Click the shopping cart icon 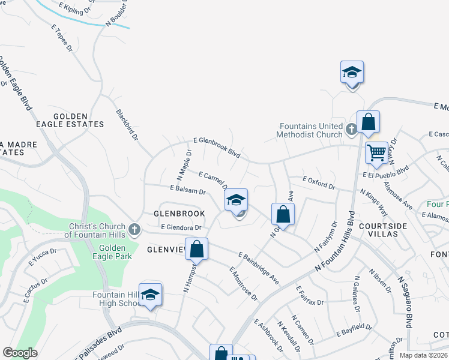[x=376, y=152]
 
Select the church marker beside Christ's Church [x=134, y=229]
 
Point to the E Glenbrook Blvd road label [x=217, y=147]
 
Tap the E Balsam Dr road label [x=188, y=190]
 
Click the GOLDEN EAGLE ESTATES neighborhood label [x=79, y=120]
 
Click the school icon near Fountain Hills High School [x=151, y=294]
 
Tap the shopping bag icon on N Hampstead [x=196, y=248]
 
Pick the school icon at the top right [x=352, y=73]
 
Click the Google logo [x=20, y=353]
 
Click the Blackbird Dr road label [x=127, y=124]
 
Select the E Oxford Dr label [x=319, y=183]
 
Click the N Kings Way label [x=373, y=203]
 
